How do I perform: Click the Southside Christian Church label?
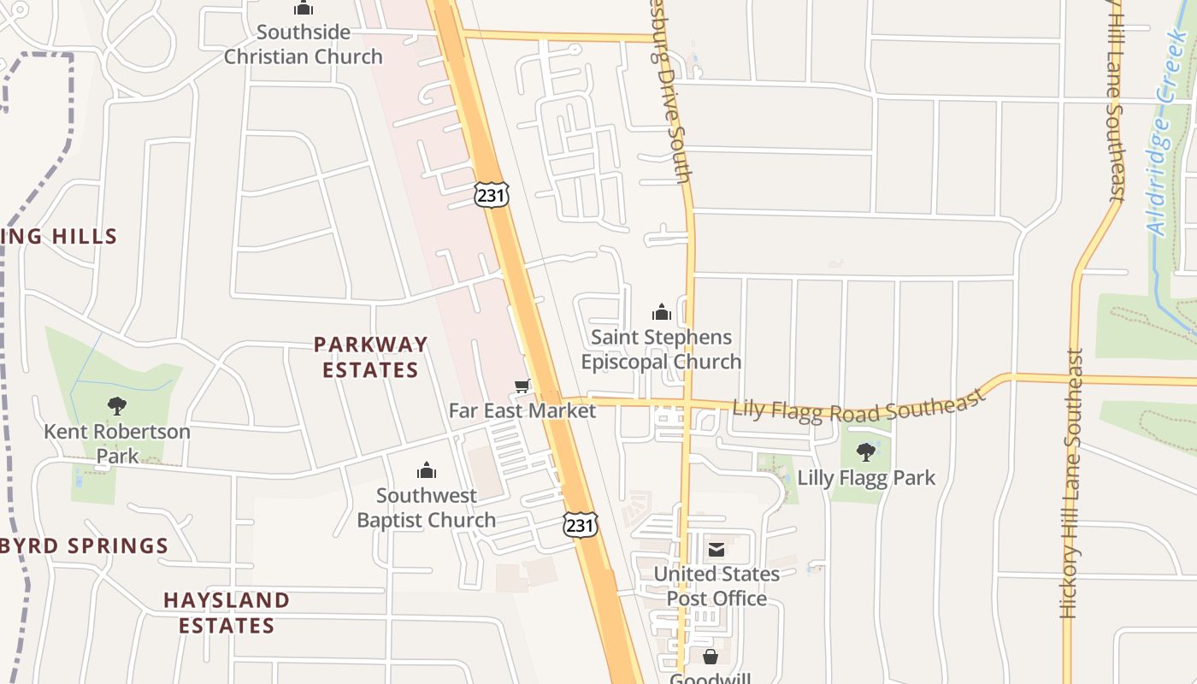[x=303, y=44]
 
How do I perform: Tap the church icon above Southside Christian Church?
[x=303, y=9]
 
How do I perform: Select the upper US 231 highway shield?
[x=492, y=194]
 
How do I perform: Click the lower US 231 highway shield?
[x=580, y=524]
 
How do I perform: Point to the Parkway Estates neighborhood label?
[x=370, y=357]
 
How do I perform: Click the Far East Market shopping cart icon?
[x=522, y=386]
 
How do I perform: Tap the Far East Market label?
[x=522, y=410]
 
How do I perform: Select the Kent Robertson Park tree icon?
[x=117, y=406]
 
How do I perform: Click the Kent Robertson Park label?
[x=117, y=443]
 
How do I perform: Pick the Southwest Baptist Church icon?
[x=426, y=470]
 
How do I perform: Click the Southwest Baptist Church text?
[x=426, y=508]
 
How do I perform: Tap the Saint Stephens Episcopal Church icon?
[x=661, y=312]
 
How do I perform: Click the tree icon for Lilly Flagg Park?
[x=866, y=451]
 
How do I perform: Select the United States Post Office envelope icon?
[x=716, y=549]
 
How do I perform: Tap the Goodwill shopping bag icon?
[x=710, y=657]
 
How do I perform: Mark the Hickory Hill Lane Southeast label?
[x=1072, y=483]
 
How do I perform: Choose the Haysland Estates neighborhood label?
[x=227, y=612]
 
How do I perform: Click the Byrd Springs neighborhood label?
[x=85, y=545]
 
